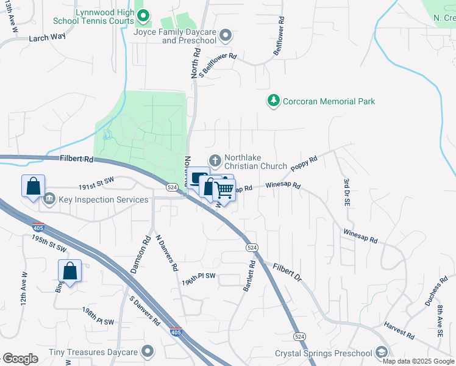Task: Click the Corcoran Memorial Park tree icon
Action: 274,101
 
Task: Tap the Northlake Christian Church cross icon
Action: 215,161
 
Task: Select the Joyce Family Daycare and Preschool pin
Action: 226,36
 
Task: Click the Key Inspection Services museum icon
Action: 49,199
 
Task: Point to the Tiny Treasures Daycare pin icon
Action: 147,351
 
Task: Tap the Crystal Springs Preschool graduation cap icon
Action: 381,353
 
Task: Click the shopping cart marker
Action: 224,190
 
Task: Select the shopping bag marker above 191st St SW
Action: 34,186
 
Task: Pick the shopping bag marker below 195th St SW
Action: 69,271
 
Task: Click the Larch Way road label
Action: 47,37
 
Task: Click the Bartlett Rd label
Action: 249,276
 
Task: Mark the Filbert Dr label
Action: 287,272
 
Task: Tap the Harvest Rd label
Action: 399,332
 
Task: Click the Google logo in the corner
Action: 20,359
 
